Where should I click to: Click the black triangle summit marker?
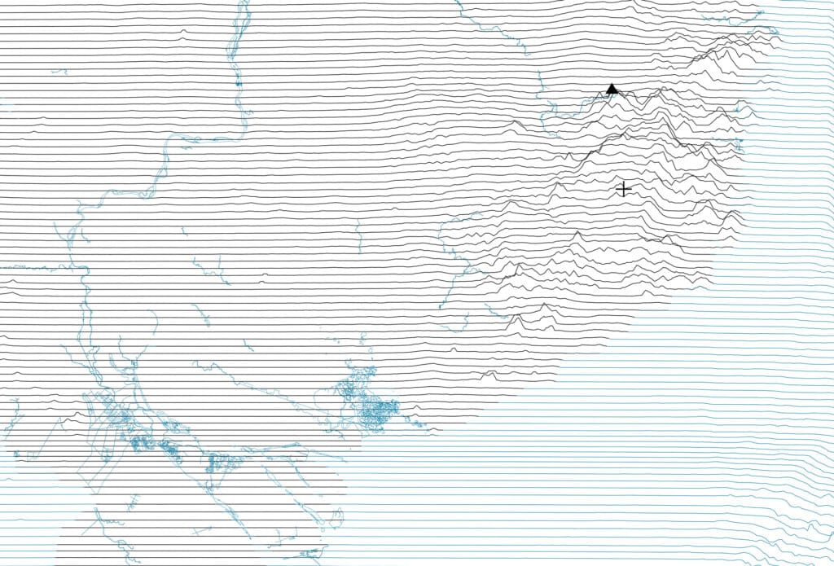click(612, 89)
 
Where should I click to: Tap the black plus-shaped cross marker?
click(623, 189)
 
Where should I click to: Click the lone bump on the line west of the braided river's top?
click(183, 33)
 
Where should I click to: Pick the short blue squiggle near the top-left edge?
click(59, 72)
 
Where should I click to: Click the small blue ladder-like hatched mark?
click(134, 498)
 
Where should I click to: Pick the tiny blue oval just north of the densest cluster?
click(362, 336)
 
